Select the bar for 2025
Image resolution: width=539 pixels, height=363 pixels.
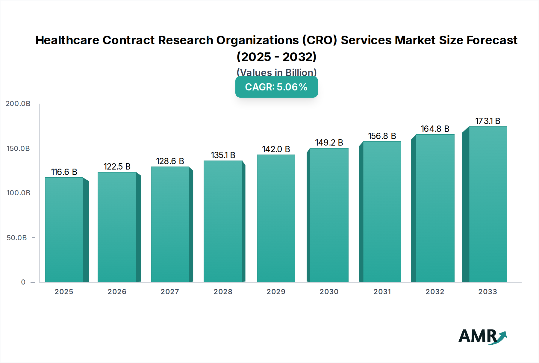click(64, 230)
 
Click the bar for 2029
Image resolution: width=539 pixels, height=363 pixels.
click(276, 218)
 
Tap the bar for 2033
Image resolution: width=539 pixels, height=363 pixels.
click(487, 204)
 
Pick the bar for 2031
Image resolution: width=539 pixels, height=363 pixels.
click(382, 212)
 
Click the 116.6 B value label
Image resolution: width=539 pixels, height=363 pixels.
click(64, 172)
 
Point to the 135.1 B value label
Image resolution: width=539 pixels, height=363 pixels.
click(223, 155)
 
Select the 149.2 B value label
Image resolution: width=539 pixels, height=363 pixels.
click(329, 143)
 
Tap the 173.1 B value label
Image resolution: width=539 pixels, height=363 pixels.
click(487, 121)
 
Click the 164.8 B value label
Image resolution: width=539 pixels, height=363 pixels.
click(435, 129)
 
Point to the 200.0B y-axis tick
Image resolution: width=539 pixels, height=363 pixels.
click(18, 104)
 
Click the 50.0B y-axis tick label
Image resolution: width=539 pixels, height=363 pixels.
click(17, 238)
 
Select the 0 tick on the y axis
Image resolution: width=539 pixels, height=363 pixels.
click(23, 282)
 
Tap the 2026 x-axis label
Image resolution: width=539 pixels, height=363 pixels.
click(117, 292)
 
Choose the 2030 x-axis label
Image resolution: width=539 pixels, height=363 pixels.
click(329, 292)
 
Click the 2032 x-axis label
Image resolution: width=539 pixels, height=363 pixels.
click(435, 292)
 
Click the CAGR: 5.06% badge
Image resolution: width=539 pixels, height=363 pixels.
click(276, 87)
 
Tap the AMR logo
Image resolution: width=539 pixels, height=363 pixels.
click(482, 337)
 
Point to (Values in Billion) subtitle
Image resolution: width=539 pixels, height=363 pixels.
click(276, 72)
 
